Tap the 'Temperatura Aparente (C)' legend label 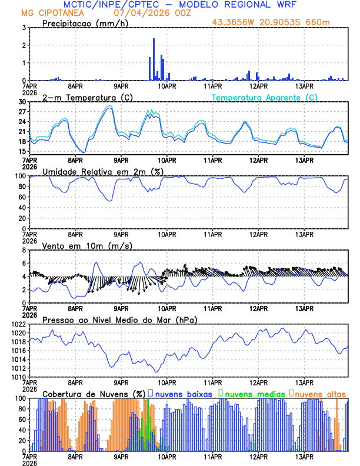265,97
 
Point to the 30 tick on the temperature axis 23,102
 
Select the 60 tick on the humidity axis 23,197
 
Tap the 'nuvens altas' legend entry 321,393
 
